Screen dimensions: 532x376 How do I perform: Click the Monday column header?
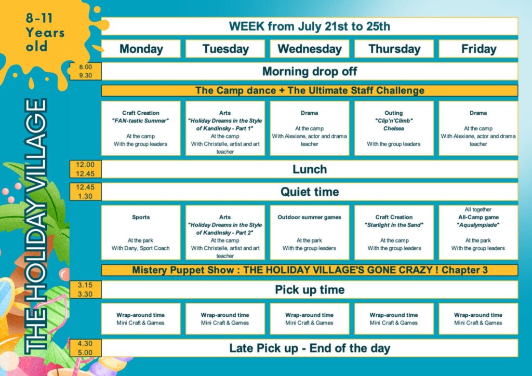[x=141, y=49]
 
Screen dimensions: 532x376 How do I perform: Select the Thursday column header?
[x=394, y=49]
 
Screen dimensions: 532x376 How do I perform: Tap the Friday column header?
[x=478, y=49]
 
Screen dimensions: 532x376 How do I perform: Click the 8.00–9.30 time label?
[x=86, y=71]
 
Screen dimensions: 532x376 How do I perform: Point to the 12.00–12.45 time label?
[x=86, y=169]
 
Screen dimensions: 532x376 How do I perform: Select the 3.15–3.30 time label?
[x=86, y=290]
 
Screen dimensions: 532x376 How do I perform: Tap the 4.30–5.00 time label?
[x=86, y=348]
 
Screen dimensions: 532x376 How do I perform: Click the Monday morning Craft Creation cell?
[x=141, y=128]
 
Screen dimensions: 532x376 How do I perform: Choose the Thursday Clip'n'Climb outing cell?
[x=394, y=128]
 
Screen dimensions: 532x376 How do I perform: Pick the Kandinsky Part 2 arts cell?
[x=225, y=233]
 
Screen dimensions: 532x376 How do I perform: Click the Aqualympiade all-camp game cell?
[x=478, y=233]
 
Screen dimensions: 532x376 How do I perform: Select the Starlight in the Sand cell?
[x=394, y=233]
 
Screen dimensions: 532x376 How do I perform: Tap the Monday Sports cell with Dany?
[x=141, y=233]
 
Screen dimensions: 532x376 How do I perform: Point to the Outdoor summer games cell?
[x=310, y=233]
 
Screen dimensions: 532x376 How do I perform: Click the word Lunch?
[x=310, y=169]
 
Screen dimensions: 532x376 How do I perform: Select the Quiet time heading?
[x=310, y=192]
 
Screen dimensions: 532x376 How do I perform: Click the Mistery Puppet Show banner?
[x=310, y=270]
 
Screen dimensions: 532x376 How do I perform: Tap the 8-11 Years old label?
[x=45, y=33]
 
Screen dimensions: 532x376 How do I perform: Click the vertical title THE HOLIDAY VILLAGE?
[x=36, y=226]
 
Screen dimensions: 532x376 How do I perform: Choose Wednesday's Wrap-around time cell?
[x=310, y=319]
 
